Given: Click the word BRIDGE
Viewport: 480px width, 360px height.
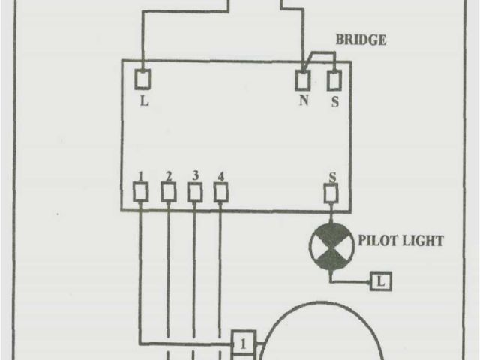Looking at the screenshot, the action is [362, 40].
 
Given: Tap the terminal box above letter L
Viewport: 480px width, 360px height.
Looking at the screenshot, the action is [142, 78].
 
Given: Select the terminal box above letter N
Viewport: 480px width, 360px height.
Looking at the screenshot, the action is [303, 78].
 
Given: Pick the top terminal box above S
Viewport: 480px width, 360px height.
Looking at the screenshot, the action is [334, 78].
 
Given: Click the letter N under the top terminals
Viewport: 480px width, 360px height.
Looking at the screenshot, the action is [304, 100].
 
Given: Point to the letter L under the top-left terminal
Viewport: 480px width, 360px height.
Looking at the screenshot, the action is [143, 100].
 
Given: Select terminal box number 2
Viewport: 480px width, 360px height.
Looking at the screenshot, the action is [169, 193].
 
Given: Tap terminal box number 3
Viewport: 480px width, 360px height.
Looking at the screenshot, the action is [195, 193].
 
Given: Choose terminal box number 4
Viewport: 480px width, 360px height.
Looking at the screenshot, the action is [220, 193].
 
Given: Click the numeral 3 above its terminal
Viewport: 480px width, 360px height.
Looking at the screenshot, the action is [195, 176].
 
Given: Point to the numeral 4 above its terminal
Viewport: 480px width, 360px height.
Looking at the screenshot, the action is [220, 177].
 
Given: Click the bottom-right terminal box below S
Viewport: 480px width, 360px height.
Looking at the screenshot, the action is [331, 194].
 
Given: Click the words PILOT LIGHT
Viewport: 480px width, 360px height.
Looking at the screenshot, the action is [401, 241].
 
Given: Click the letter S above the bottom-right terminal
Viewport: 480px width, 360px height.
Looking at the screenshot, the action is [331, 177].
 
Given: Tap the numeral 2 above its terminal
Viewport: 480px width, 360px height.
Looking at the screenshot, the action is [169, 177].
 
